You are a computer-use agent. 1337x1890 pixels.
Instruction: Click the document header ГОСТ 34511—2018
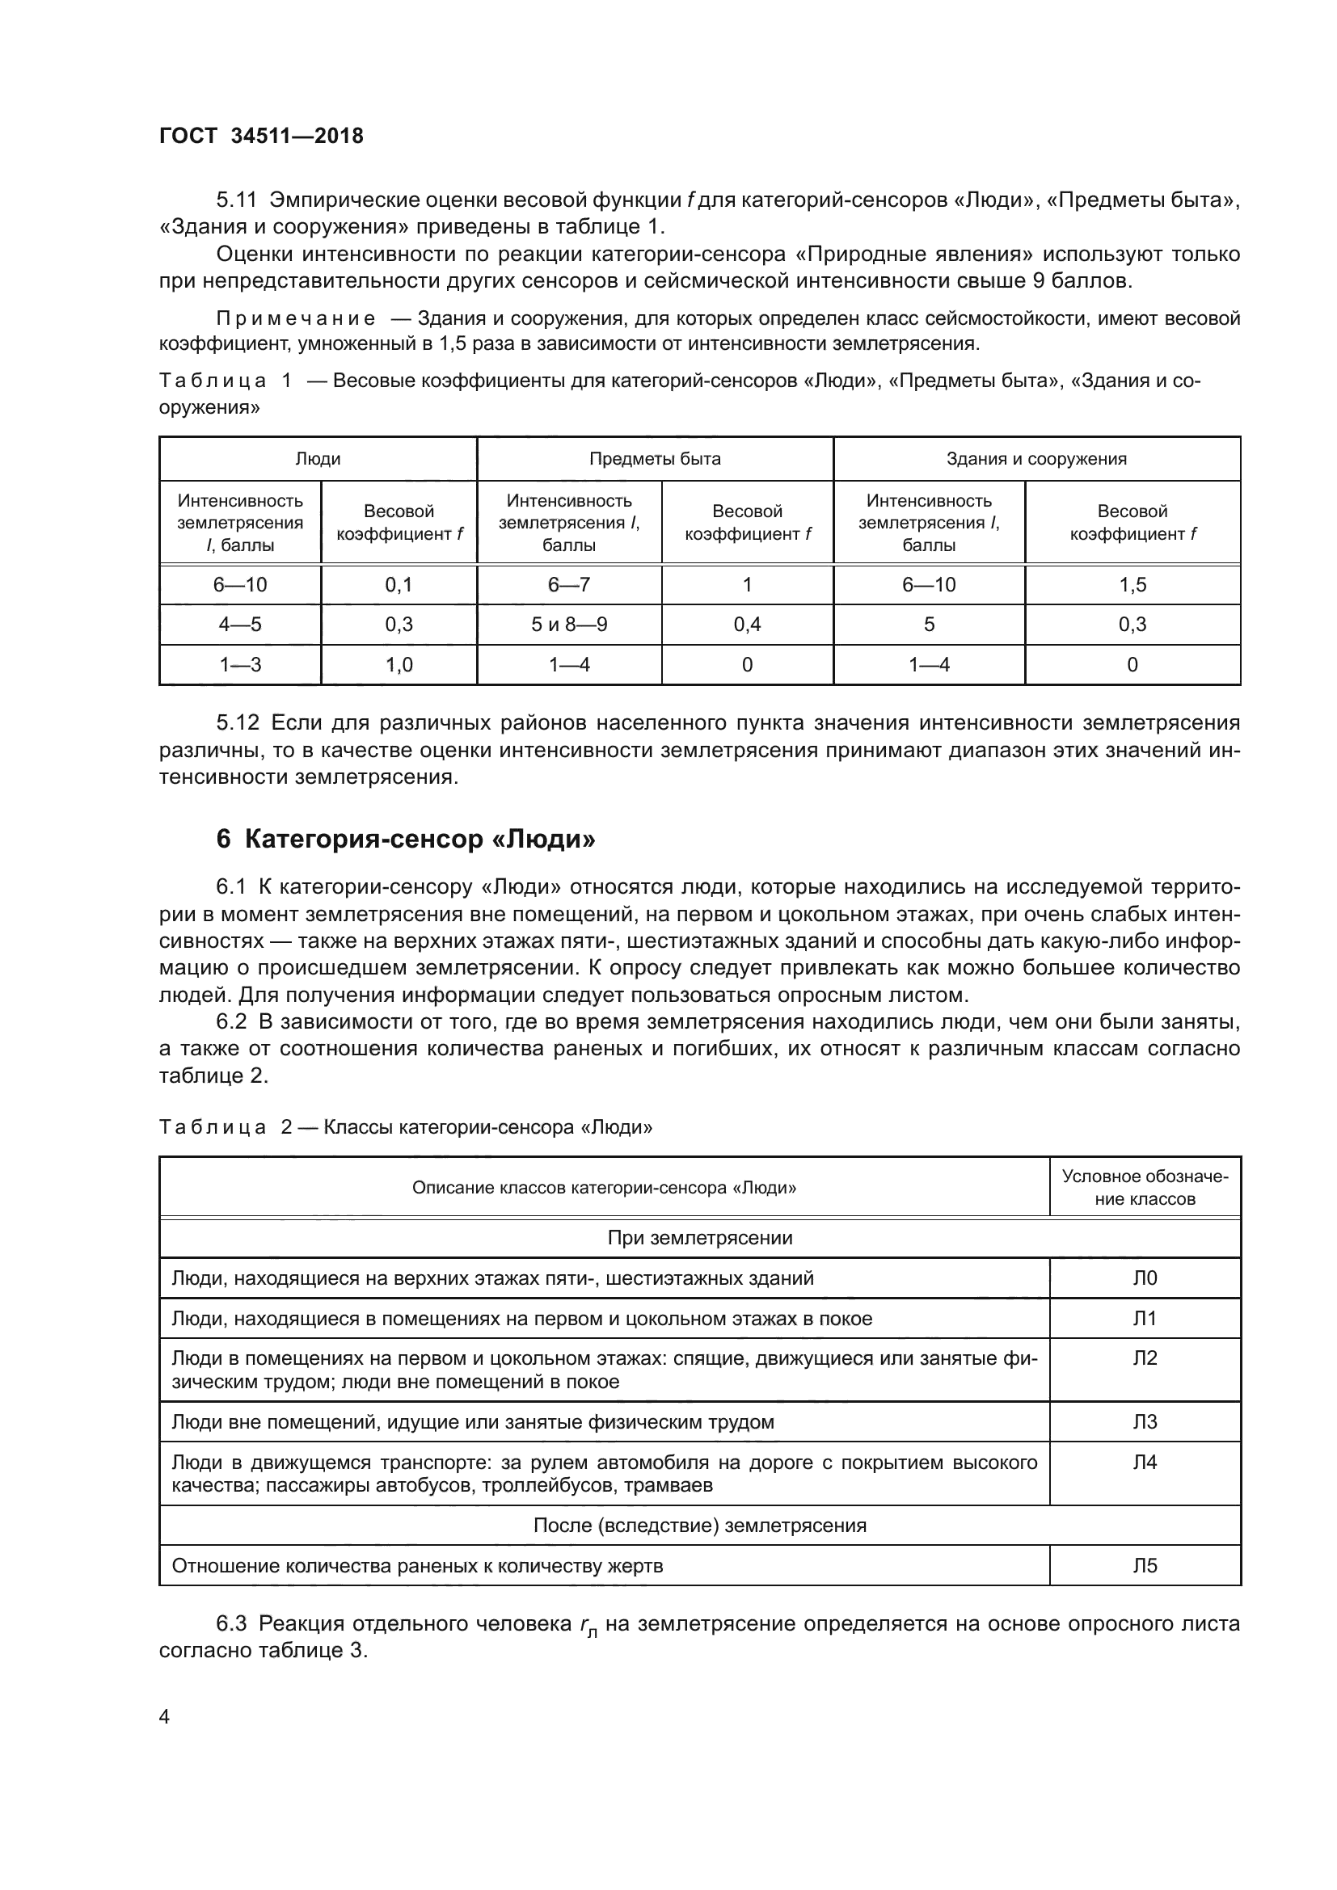point(261,136)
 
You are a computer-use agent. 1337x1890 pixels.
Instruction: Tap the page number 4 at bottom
point(164,1716)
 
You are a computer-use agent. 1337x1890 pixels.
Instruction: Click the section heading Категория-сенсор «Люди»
point(405,839)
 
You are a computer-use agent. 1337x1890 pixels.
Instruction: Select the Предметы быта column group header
point(655,458)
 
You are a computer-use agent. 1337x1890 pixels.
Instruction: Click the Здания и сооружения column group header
point(1035,458)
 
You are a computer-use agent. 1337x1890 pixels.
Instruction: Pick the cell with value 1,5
point(1132,584)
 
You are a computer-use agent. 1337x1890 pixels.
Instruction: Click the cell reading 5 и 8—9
point(569,624)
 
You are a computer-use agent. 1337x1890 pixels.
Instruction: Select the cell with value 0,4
point(747,624)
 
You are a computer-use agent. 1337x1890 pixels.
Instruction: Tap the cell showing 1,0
point(399,664)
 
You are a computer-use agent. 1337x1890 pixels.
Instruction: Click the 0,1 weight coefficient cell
point(399,584)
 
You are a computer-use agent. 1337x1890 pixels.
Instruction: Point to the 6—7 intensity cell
point(569,584)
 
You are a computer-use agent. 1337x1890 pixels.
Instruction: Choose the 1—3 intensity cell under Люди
point(239,664)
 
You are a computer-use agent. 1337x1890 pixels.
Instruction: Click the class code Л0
point(1145,1278)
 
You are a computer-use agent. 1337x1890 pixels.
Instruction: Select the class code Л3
point(1145,1421)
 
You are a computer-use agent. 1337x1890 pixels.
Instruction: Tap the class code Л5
point(1145,1565)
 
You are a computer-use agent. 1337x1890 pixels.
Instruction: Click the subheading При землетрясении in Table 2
point(700,1237)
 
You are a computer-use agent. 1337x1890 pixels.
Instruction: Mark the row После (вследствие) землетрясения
point(700,1525)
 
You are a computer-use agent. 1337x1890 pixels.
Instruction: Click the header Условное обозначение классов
point(1145,1187)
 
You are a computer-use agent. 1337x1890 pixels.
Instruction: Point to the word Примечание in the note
point(296,318)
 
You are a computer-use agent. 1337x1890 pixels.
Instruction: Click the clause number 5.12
point(237,722)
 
